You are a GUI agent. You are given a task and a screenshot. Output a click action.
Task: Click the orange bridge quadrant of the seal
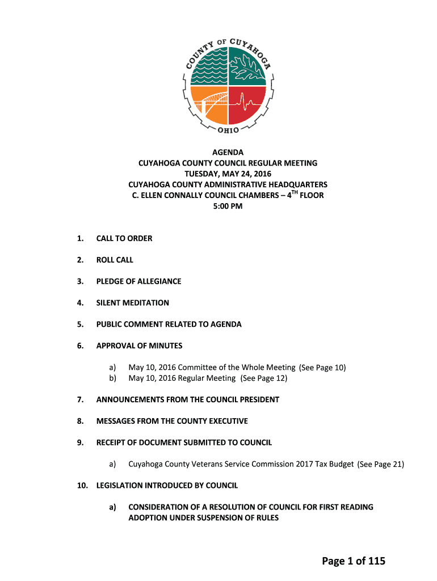(x=208, y=106)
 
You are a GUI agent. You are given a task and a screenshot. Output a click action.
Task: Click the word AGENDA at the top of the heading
(x=228, y=153)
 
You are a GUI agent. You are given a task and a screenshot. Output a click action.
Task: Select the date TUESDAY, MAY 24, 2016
(x=228, y=174)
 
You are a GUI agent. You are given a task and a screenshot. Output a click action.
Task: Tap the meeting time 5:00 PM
(x=228, y=207)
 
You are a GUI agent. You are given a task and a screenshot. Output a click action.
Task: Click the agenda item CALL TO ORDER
(x=124, y=238)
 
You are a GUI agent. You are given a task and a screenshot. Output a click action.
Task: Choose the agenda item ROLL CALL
(x=115, y=260)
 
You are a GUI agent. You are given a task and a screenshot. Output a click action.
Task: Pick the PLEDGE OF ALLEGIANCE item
(x=138, y=281)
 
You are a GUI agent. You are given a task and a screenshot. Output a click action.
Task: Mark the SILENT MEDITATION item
(x=133, y=303)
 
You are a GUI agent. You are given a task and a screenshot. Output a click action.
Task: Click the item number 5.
(x=81, y=325)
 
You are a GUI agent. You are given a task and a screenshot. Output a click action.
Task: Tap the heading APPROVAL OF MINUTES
(x=139, y=346)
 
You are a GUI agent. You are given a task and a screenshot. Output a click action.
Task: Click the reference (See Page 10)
(x=322, y=368)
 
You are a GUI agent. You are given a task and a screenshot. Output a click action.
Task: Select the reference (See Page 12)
(x=264, y=378)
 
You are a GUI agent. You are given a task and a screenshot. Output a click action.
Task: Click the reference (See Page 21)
(x=381, y=464)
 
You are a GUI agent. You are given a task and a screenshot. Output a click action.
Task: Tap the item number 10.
(x=82, y=486)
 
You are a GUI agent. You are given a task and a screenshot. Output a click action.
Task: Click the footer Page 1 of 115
(x=354, y=561)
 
